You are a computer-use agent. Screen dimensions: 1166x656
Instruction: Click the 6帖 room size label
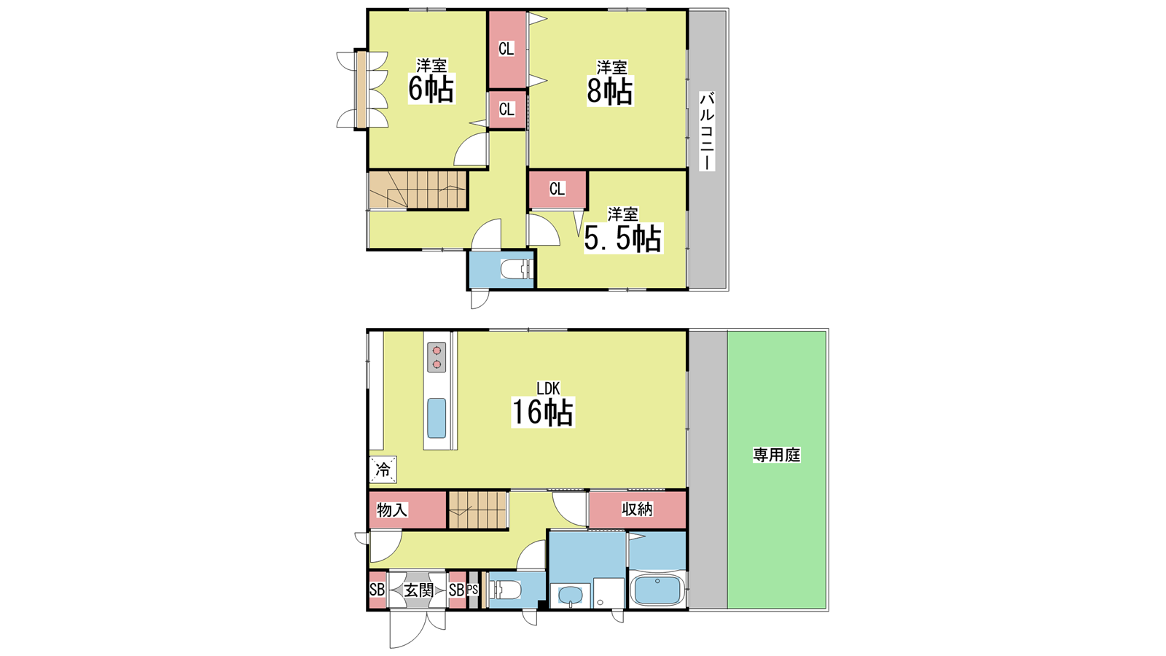tap(431, 88)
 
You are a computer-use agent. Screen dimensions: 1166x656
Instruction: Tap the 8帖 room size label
tap(609, 90)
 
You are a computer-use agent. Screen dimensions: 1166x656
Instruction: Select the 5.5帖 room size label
tap(622, 238)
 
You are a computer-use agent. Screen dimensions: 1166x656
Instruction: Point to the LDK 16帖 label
tap(543, 405)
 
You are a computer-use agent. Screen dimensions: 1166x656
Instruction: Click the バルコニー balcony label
tap(706, 131)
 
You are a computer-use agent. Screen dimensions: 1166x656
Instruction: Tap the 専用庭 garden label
tap(776, 455)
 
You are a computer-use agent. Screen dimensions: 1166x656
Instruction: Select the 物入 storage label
tap(392, 509)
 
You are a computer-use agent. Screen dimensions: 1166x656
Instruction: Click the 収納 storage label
tap(637, 509)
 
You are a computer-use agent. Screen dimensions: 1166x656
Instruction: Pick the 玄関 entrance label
tap(418, 590)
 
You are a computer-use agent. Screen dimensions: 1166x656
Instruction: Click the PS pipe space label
tap(472, 590)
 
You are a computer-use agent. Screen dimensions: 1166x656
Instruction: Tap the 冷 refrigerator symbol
tap(383, 469)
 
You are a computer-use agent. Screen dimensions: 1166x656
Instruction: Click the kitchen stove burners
tap(437, 357)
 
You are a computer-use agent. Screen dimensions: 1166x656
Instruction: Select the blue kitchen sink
tap(437, 418)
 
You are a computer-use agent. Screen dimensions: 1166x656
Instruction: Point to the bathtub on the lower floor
tap(657, 590)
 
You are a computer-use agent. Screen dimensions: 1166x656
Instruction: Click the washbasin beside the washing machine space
tap(571, 595)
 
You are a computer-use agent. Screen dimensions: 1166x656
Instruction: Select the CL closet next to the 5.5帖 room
tap(557, 190)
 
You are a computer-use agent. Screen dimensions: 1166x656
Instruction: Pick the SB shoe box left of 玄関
tap(377, 590)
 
